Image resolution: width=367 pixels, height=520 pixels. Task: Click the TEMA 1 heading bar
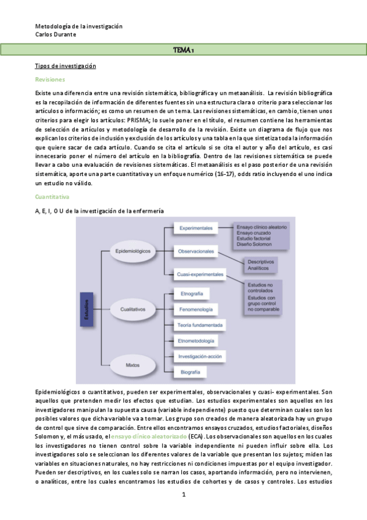coord(183,50)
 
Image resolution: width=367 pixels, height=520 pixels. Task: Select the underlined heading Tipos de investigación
coord(65,66)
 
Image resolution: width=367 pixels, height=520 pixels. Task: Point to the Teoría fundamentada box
coord(200,325)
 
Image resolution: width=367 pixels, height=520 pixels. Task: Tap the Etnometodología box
coord(195,340)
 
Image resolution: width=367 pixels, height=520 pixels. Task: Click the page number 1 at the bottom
coord(183,494)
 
